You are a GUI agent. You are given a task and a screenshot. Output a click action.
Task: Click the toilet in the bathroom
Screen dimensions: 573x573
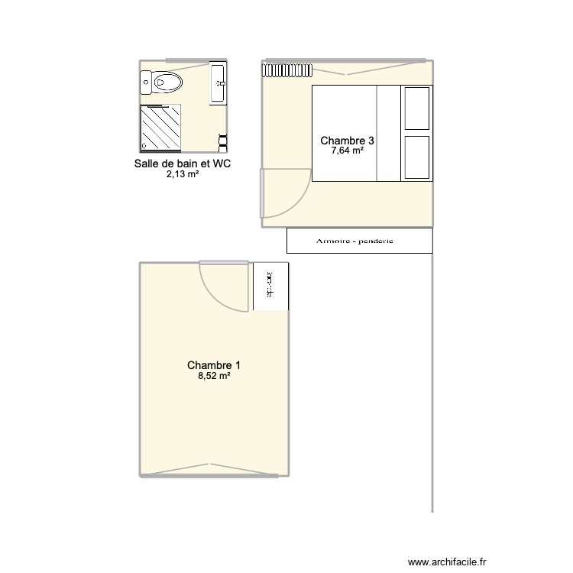(x=167, y=82)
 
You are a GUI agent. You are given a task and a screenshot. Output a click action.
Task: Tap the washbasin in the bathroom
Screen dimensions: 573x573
(x=218, y=82)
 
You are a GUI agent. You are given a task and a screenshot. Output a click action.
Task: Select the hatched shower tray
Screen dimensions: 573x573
(x=160, y=128)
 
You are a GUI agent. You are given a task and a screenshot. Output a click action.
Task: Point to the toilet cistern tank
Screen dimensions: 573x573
(x=145, y=82)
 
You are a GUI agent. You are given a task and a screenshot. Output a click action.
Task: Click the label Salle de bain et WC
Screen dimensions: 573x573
(x=183, y=163)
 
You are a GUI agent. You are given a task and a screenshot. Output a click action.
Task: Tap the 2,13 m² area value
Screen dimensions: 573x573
(x=183, y=174)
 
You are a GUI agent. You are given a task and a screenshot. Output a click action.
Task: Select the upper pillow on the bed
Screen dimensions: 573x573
(x=417, y=108)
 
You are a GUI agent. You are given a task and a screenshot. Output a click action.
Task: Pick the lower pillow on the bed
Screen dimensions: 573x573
(x=417, y=157)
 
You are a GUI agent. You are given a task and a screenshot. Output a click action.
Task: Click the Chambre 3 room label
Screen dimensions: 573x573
(x=347, y=141)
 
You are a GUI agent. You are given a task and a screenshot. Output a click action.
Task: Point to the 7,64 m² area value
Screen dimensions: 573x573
(x=347, y=151)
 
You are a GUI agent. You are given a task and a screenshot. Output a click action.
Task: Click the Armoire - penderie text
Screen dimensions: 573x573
(x=354, y=241)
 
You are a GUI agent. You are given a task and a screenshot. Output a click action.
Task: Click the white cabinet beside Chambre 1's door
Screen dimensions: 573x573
(x=270, y=286)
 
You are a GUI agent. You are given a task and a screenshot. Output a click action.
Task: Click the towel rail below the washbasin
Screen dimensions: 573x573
(x=223, y=140)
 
